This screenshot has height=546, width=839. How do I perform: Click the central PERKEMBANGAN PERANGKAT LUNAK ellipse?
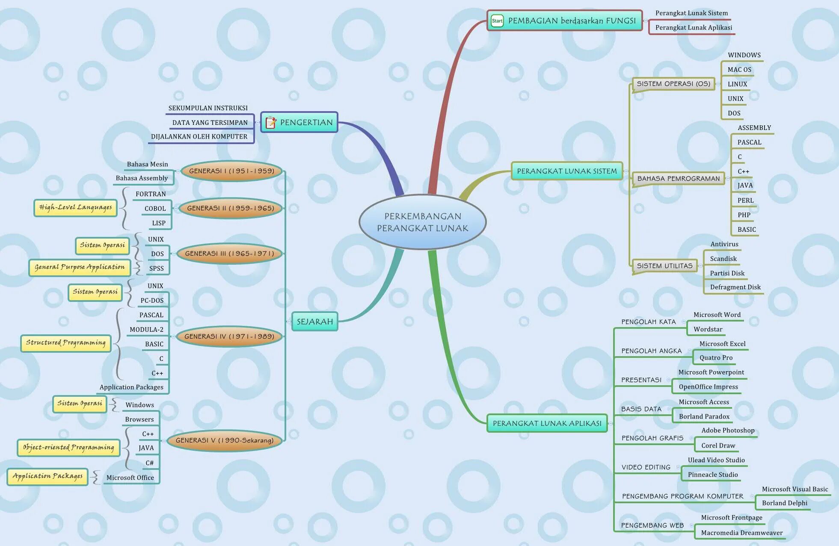(422, 222)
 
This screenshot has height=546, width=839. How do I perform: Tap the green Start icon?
(497, 21)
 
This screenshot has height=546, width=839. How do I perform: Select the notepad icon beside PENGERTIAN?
(271, 123)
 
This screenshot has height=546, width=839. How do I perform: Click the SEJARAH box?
(314, 322)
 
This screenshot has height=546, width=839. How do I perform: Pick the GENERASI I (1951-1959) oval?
(231, 171)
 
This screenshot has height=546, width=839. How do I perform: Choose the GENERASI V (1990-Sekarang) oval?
(225, 440)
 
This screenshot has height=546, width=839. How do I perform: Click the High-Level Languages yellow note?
(75, 208)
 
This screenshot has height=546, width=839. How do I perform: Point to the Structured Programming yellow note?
(65, 343)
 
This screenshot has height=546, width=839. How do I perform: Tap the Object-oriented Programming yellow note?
(68, 448)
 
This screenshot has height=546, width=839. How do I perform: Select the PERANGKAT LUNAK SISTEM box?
(566, 171)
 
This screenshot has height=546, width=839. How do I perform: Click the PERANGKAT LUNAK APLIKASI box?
(547, 423)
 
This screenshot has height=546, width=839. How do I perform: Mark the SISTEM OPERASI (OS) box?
(673, 84)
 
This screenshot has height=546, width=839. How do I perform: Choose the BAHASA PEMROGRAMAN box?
(678, 179)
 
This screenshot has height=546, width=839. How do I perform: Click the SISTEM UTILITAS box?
(664, 266)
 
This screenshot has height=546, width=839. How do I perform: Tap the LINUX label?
(737, 84)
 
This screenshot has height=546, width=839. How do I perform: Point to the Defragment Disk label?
(735, 287)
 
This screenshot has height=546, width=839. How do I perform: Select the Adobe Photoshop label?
(728, 431)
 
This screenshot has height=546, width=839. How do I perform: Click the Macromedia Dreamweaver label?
(741, 533)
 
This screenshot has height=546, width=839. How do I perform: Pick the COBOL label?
(155, 209)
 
